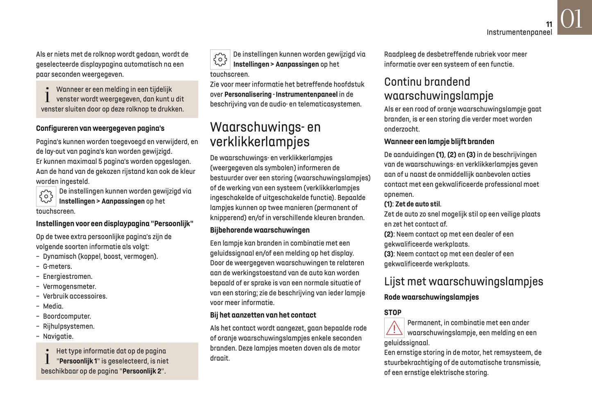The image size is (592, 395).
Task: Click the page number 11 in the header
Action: click(549, 25)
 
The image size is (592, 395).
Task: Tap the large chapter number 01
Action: click(572, 19)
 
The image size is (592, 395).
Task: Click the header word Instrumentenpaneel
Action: click(519, 32)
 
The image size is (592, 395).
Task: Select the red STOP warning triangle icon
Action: click(394, 328)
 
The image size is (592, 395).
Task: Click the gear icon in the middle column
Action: click(220, 59)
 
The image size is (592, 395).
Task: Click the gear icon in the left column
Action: click(46, 196)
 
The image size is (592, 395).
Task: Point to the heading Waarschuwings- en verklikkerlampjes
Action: click(265, 134)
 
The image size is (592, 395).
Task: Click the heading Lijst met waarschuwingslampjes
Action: click(463, 281)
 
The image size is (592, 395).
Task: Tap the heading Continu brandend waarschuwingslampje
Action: click(438, 89)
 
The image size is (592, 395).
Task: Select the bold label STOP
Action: click(392, 313)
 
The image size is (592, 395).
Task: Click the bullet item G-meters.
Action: click(57, 267)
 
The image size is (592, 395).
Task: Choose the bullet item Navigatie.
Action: click(58, 336)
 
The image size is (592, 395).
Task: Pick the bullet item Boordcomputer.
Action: click(67, 316)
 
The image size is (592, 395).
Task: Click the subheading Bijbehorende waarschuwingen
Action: click(260, 230)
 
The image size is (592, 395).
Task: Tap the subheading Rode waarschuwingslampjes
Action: click(431, 297)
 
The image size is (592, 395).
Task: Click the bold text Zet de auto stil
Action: click(417, 204)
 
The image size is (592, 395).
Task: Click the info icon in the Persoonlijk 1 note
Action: click(48, 357)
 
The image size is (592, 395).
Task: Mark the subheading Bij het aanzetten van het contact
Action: click(263, 315)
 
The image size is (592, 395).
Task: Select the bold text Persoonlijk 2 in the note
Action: click(142, 371)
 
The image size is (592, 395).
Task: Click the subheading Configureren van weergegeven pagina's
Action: click(100, 128)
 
